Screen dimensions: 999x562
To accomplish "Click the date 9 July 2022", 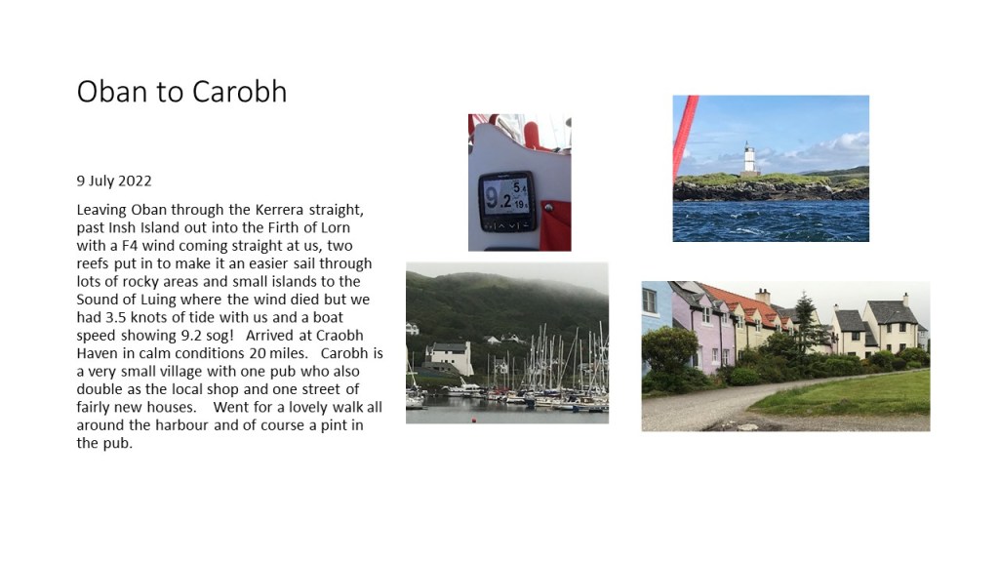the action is click(114, 181).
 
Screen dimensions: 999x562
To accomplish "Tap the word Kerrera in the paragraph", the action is click(280, 210).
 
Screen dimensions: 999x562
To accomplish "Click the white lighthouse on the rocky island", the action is click(749, 159).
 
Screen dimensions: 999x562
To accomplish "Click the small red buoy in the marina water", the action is click(473, 420).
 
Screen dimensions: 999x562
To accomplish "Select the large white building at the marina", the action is click(450, 358).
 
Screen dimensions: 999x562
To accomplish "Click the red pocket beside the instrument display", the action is click(554, 225).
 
